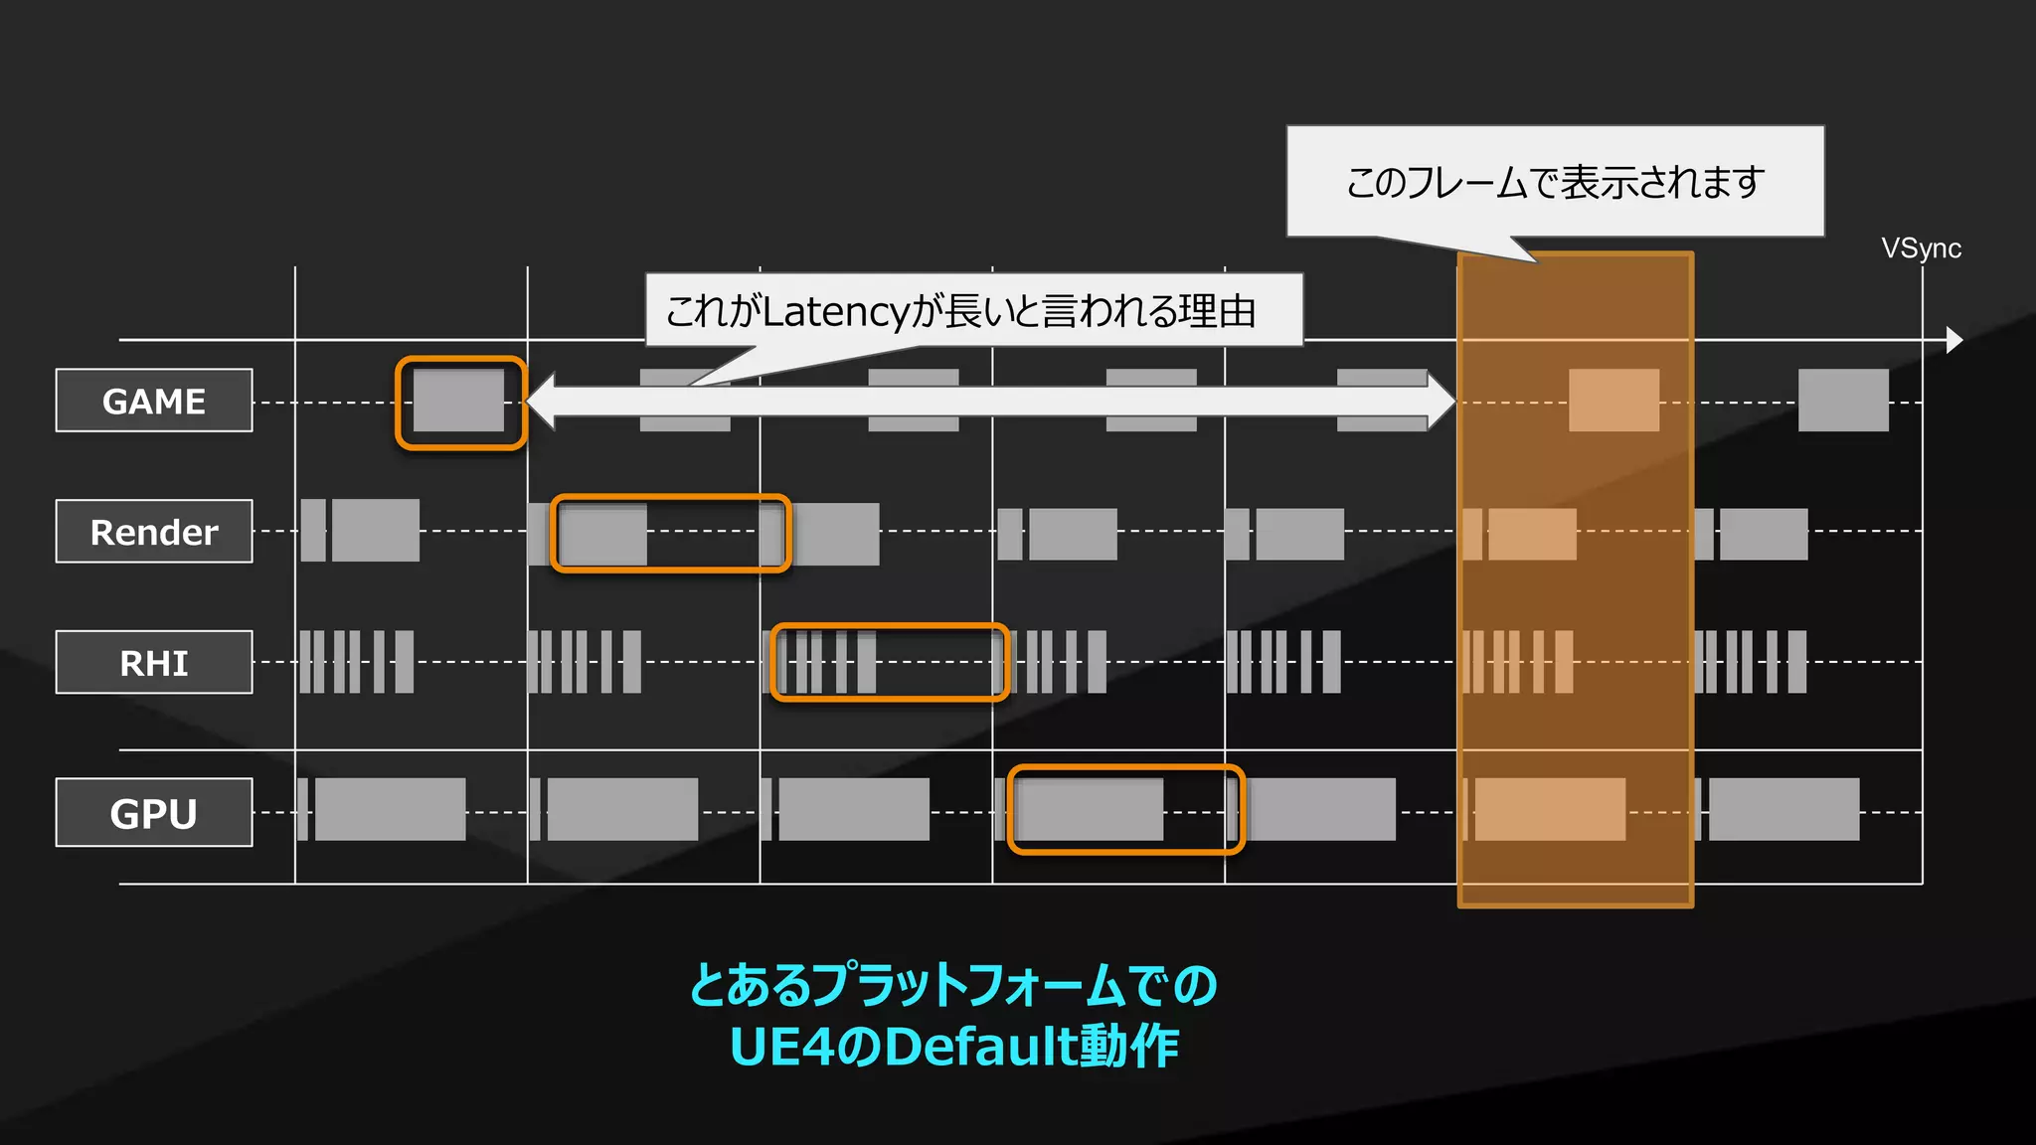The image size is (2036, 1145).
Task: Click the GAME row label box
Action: (154, 401)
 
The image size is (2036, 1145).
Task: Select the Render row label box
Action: (154, 532)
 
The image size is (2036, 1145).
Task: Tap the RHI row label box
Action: (154, 662)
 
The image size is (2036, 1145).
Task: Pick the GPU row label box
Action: (154, 813)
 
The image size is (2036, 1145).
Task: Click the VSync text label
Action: (1921, 248)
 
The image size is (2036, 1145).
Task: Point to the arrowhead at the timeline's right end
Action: (1954, 340)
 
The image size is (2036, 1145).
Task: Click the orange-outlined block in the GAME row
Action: (459, 402)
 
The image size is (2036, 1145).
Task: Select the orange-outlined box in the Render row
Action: (671, 533)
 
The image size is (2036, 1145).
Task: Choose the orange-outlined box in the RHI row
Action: (890, 662)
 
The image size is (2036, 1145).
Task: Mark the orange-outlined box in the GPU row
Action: (1125, 810)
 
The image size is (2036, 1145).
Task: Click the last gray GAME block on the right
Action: (1843, 401)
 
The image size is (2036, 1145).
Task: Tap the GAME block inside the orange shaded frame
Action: (1613, 401)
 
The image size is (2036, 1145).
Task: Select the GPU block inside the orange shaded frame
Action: (1550, 810)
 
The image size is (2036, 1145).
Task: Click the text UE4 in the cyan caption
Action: (780, 1047)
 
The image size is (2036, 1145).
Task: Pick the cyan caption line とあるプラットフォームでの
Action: (953, 985)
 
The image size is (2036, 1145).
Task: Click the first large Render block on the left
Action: (375, 531)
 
